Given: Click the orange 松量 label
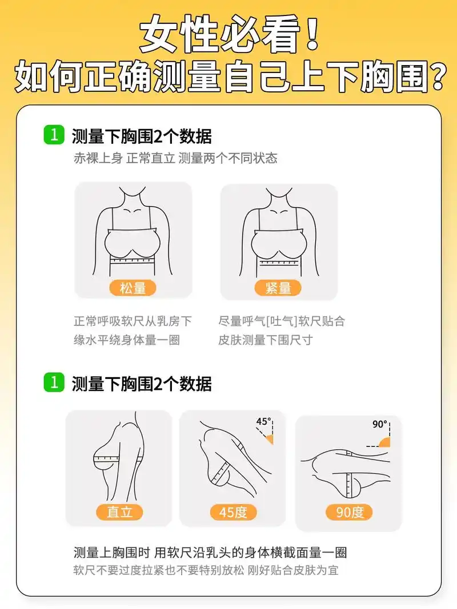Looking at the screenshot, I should (133, 288).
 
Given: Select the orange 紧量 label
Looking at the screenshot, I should (278, 288).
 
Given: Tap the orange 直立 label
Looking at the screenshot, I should (119, 511).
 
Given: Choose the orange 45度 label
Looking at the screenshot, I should (233, 512).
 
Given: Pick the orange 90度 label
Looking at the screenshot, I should (349, 512).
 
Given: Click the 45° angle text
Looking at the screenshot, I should (263, 422).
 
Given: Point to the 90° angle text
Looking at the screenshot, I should (380, 425).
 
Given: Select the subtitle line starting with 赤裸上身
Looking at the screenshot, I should (175, 158).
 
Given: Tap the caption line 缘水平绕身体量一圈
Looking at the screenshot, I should (126, 340).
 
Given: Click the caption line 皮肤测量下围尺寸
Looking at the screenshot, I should (265, 340).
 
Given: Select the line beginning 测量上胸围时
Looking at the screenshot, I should (210, 552).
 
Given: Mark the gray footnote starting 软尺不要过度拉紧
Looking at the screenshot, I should (206, 570).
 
